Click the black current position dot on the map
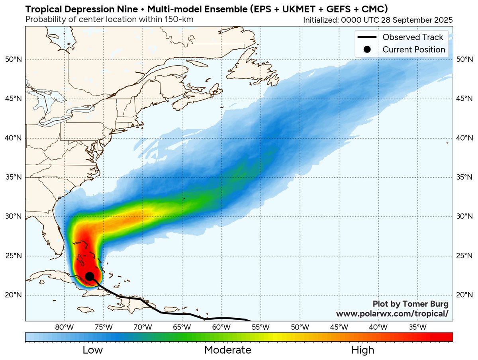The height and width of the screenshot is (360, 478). [90, 276]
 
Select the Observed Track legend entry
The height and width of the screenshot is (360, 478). [413, 37]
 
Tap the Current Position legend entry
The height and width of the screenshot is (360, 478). [413, 50]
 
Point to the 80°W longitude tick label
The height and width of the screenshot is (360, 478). [65, 327]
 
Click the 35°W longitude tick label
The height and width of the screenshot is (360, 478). [417, 327]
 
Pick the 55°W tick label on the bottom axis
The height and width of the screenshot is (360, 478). [261, 327]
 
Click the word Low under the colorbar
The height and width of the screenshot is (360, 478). [92, 350]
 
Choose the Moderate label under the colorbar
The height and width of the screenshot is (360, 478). [227, 350]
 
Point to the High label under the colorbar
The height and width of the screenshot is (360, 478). [362, 350]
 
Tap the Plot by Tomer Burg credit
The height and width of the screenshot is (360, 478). [410, 304]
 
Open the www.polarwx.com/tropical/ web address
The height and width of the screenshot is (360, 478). [392, 313]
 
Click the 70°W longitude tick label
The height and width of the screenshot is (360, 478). [143, 327]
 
